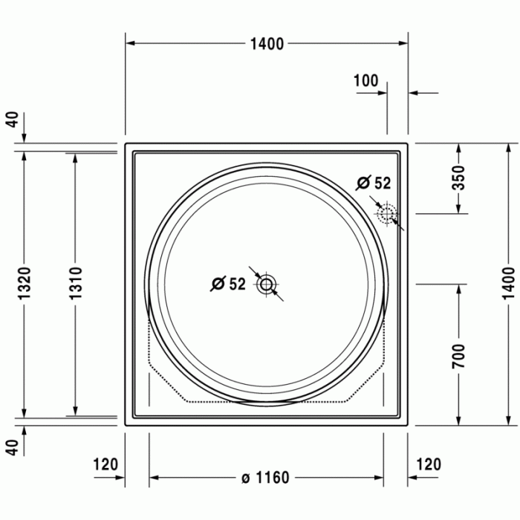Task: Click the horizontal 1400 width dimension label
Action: (267, 44)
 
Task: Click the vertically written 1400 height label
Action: (507, 282)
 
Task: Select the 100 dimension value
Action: (365, 81)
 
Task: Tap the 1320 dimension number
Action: (25, 283)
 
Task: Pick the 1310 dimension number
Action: (75, 283)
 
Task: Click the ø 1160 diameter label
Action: (265, 478)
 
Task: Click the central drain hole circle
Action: (266, 284)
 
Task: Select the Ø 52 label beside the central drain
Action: (228, 284)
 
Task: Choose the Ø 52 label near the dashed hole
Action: (373, 183)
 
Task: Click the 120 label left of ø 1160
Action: (105, 465)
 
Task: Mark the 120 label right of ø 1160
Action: (428, 465)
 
